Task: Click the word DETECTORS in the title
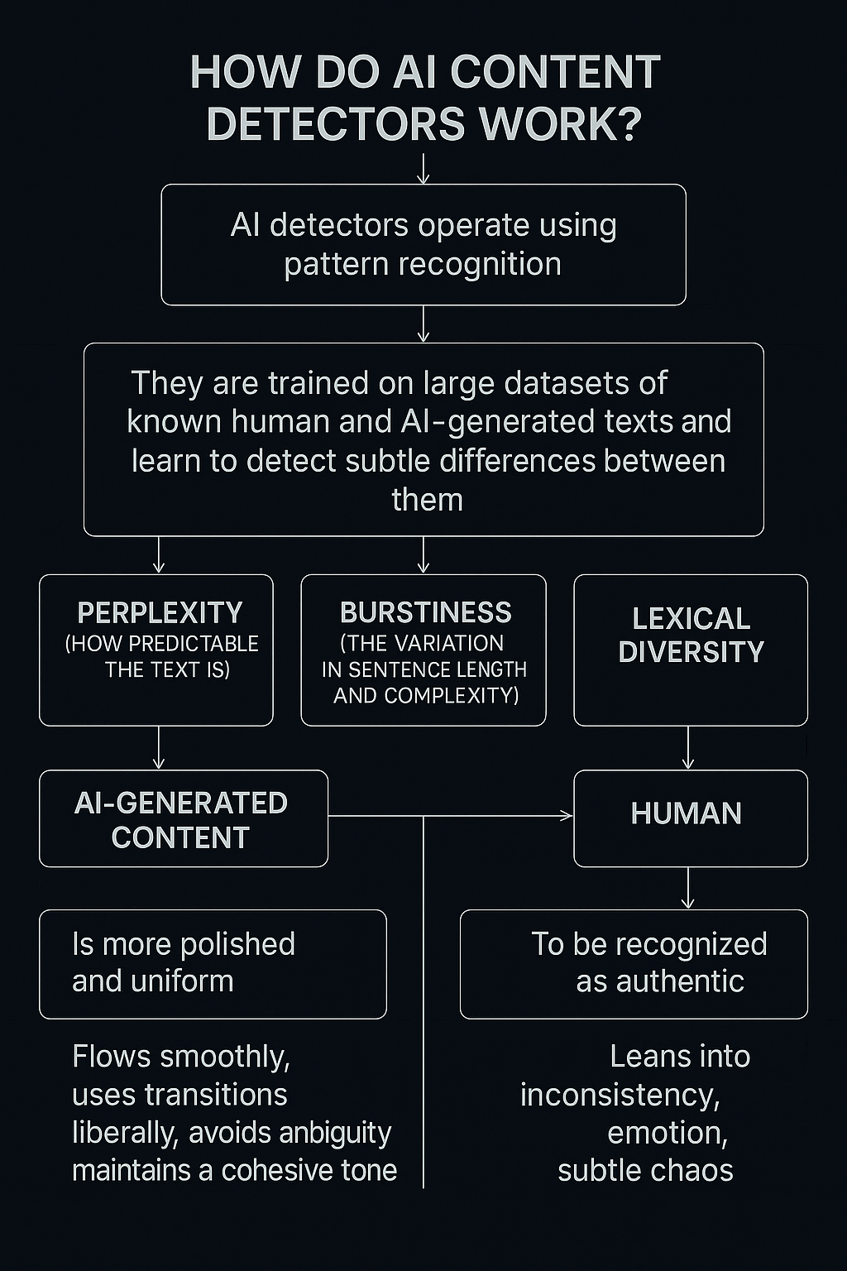(x=337, y=124)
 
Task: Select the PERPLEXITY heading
(x=160, y=612)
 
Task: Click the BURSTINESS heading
(x=425, y=612)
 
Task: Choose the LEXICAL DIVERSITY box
(x=690, y=650)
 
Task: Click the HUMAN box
(x=690, y=818)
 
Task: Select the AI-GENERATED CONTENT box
(x=183, y=819)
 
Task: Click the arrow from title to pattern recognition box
(x=423, y=170)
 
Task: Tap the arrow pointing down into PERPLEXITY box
(x=159, y=556)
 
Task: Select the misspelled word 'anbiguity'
(x=333, y=1132)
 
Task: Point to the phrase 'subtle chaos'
(x=645, y=1171)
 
